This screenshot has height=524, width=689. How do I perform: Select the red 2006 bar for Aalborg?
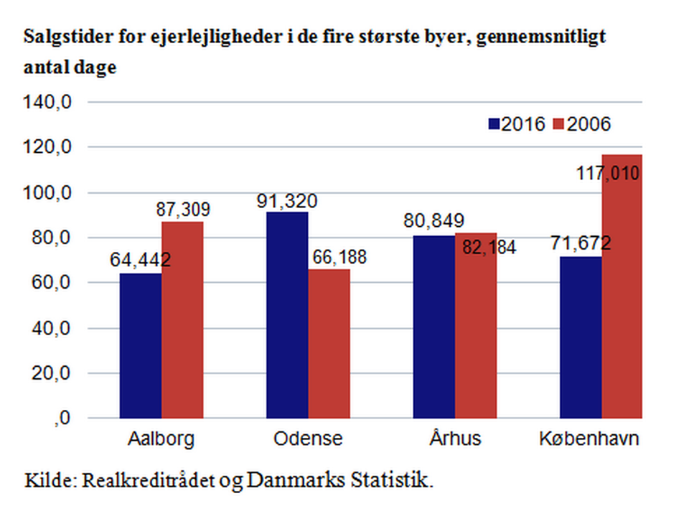tap(182, 320)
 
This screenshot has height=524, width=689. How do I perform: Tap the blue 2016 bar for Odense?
tap(287, 315)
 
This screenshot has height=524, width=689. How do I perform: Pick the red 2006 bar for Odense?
tap(329, 344)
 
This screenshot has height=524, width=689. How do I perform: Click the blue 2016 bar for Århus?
tap(433, 327)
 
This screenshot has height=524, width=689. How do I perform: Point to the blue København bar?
tap(581, 337)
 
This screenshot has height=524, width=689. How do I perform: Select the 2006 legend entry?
tap(582, 124)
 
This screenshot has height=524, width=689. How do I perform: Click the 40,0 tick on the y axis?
tap(54, 328)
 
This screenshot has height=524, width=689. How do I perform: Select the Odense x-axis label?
tap(308, 439)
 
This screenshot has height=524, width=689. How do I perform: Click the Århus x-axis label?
tap(455, 439)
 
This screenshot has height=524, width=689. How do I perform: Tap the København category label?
tap(589, 439)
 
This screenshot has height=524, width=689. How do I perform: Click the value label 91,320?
tap(287, 201)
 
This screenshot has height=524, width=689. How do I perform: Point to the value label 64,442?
tap(140, 260)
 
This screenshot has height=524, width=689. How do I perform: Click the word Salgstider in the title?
tap(61, 37)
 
